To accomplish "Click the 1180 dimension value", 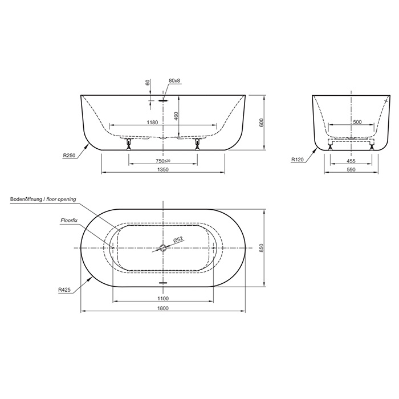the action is pyautogui.click(x=152, y=122).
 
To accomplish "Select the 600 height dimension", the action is pyautogui.click(x=262, y=123).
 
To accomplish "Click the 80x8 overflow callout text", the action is pyautogui.click(x=174, y=81).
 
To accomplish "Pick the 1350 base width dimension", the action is pyautogui.click(x=163, y=169).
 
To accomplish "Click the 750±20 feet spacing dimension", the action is pyautogui.click(x=163, y=161).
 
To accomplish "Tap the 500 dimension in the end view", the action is pyautogui.click(x=357, y=122).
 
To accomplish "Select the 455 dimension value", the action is pyautogui.click(x=351, y=161).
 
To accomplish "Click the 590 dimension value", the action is pyautogui.click(x=351, y=169).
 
